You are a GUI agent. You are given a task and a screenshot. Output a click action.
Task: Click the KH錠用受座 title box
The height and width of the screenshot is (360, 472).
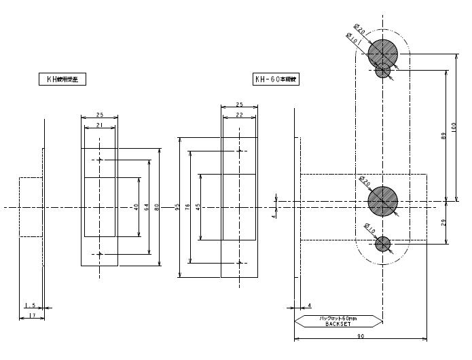click(x=62, y=79)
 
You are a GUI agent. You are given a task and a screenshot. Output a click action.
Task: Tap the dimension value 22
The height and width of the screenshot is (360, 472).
click(x=239, y=115)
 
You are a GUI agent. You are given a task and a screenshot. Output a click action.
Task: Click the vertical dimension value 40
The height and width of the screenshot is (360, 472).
click(x=136, y=206)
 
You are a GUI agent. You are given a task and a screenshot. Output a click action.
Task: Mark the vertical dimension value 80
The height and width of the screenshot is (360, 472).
click(x=157, y=206)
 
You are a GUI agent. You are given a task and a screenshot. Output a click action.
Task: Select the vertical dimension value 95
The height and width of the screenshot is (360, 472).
click(x=177, y=206)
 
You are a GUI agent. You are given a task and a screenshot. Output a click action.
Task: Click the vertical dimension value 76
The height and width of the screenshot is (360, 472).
click(x=187, y=206)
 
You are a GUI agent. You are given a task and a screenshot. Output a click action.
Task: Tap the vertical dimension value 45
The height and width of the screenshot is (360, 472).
click(x=198, y=206)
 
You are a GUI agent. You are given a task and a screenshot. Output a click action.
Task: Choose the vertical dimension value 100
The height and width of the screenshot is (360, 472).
click(x=454, y=126)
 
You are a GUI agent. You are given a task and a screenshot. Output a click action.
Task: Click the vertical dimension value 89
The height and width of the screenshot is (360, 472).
click(x=443, y=135)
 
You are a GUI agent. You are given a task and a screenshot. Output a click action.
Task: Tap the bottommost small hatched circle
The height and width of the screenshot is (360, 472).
click(x=383, y=243)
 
